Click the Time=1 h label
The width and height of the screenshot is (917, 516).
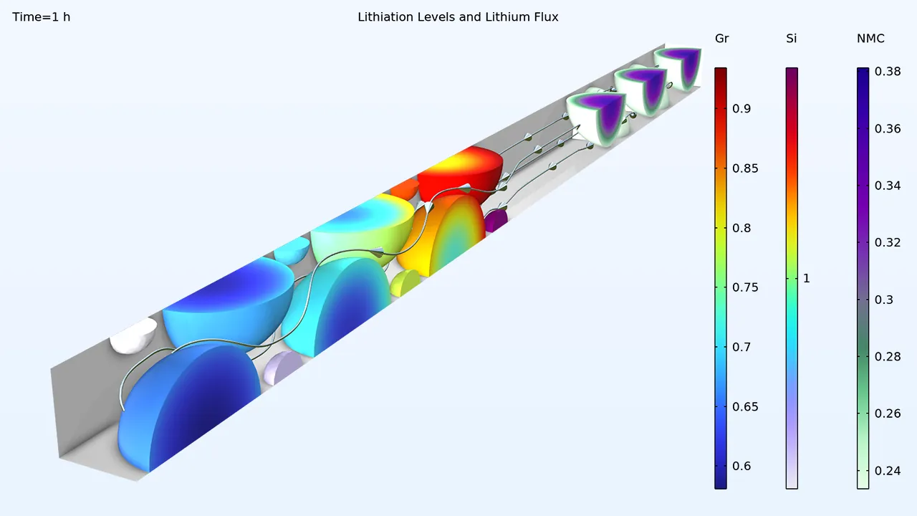42,17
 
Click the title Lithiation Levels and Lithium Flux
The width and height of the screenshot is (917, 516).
458,17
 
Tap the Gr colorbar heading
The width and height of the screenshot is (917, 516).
721,39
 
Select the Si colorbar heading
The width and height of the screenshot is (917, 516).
792,39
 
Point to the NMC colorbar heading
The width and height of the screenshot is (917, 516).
870,39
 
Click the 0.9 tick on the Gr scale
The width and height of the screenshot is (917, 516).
741,108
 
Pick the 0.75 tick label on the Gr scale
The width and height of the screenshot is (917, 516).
745,287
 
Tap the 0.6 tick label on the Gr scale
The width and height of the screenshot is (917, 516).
741,466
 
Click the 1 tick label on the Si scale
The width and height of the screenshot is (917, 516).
807,279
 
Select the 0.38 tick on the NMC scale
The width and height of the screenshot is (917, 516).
888,72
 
